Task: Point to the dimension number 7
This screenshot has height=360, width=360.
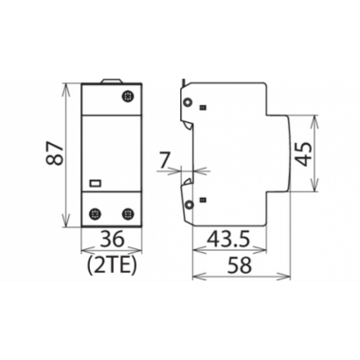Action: (164, 161)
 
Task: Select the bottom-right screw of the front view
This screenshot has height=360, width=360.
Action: (127, 213)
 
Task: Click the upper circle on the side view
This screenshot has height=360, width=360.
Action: (189, 103)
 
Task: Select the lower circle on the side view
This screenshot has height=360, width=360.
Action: (189, 205)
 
